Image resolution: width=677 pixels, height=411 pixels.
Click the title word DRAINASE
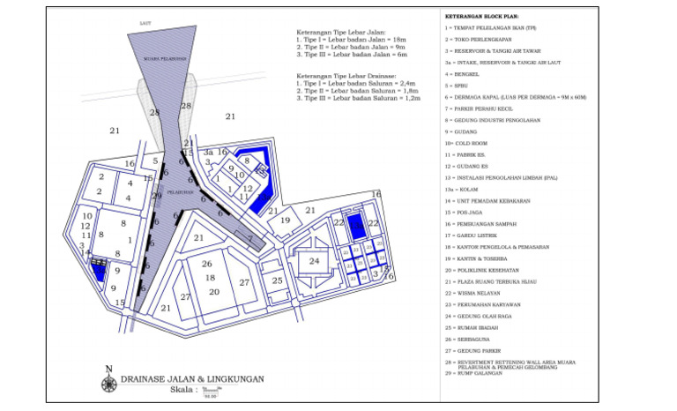tap(148, 378)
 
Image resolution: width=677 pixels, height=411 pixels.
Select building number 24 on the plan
tap(314, 260)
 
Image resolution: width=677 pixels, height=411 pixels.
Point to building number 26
tap(207, 264)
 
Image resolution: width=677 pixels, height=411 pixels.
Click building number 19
tap(286, 220)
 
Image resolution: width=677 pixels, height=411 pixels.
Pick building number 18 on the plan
tap(211, 278)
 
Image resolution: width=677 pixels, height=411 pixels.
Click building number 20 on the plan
tap(213, 291)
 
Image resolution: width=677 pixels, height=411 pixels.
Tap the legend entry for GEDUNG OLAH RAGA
tap(480, 315)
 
